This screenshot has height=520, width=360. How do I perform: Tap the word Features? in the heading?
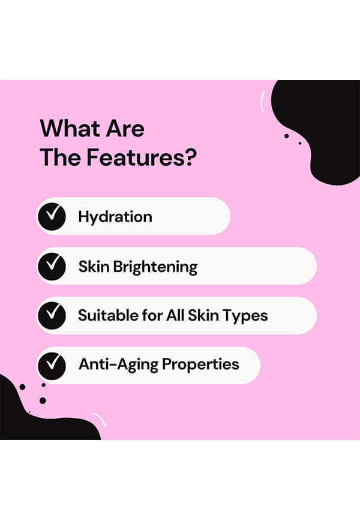tap(142, 157)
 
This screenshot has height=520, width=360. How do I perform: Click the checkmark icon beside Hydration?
tap(52, 217)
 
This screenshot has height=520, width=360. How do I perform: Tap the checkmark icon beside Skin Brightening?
tap(52, 266)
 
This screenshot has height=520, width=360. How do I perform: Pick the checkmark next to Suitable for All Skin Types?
tap(52, 315)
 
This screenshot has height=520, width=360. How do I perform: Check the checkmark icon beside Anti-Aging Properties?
tap(52, 366)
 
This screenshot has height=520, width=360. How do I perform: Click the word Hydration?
tap(115, 217)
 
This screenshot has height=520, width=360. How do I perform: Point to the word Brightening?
tap(155, 267)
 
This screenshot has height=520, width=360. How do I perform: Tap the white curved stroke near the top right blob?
tap(263, 101)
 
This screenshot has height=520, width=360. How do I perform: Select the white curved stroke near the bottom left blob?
tap(99, 419)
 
